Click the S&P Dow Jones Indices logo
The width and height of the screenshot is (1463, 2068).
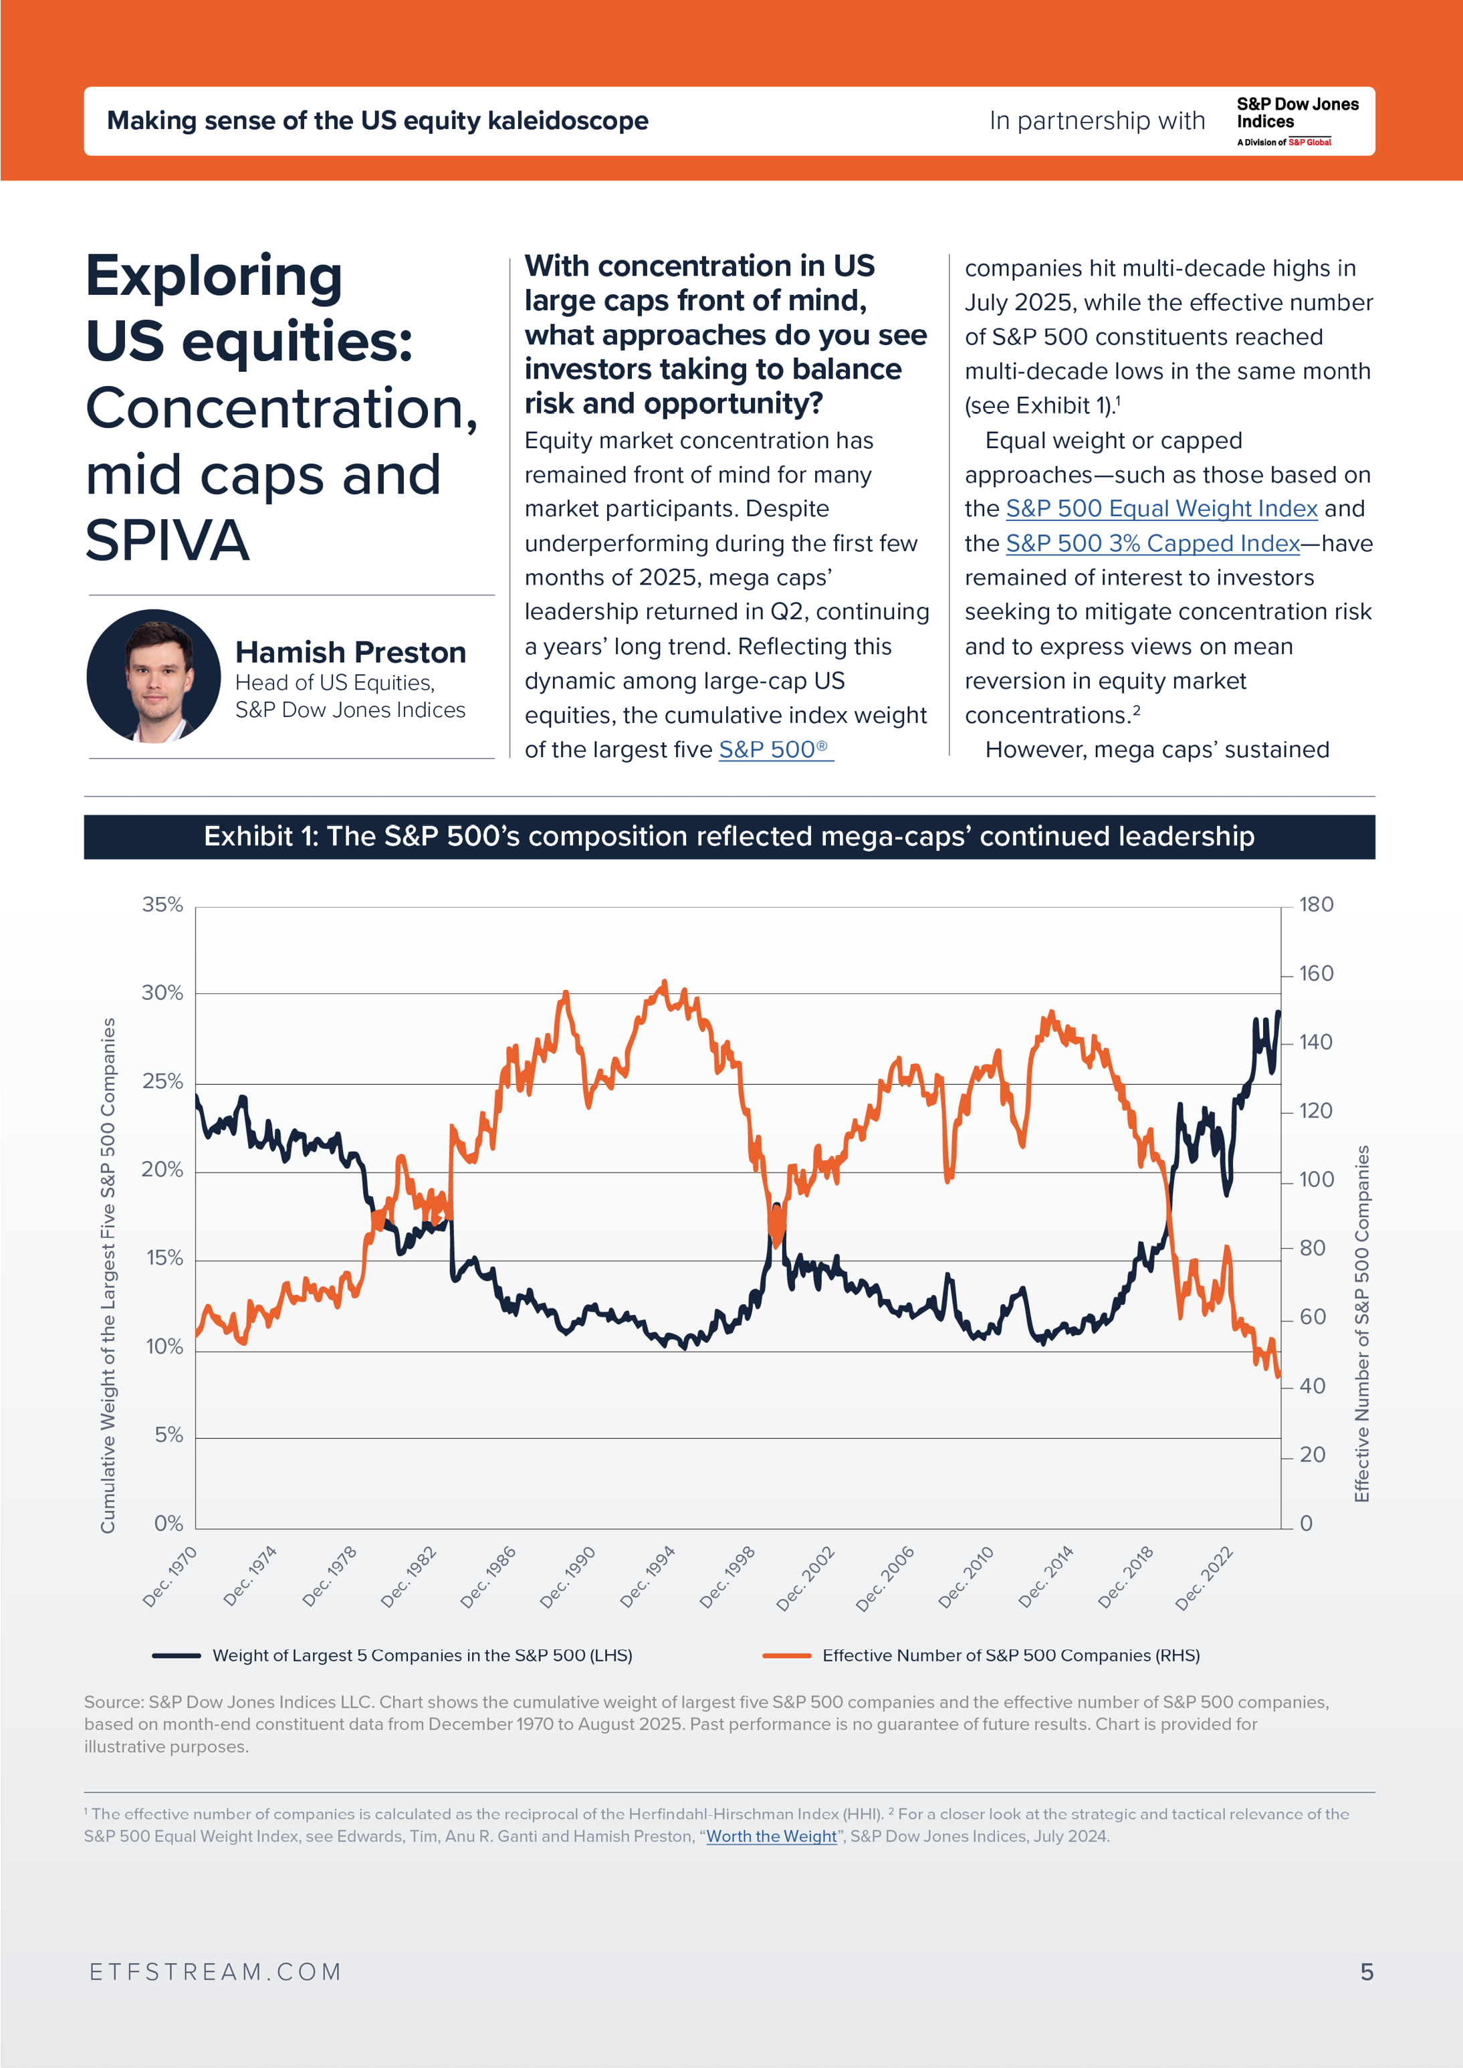click(1297, 121)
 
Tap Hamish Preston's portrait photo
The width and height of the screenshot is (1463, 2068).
click(154, 676)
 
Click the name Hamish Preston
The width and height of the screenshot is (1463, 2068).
click(350, 651)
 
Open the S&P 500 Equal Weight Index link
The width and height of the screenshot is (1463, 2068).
click(1161, 509)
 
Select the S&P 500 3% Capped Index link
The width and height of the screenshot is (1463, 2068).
click(1152, 543)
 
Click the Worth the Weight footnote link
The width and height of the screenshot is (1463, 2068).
click(771, 1835)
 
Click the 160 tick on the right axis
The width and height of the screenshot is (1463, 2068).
click(1315, 973)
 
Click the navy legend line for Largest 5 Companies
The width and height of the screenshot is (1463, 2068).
click(177, 1655)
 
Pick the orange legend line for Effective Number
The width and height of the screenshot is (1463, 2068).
click(786, 1655)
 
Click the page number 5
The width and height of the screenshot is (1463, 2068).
click(1365, 1972)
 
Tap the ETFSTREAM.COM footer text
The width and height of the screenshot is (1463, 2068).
click(216, 1972)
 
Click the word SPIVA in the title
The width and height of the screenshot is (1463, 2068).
click(168, 540)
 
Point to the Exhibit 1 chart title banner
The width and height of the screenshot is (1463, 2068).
click(729, 836)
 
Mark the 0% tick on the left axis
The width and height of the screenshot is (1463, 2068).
click(168, 1523)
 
